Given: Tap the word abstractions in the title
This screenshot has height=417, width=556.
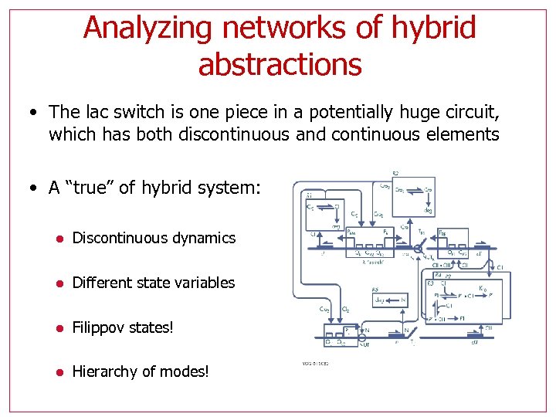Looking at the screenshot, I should point(280,65).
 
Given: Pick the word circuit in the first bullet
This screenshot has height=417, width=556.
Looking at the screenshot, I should point(470,114).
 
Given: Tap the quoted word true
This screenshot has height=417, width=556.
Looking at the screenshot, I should point(89,187).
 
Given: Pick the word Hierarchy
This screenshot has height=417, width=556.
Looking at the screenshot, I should point(102,372).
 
